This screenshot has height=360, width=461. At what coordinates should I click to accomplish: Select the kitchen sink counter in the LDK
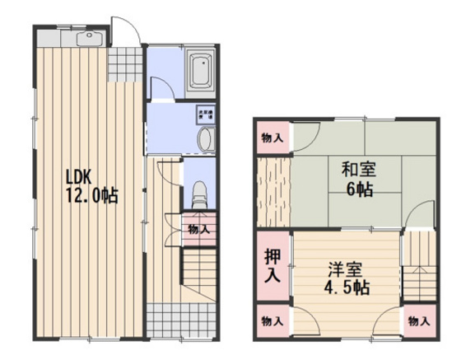71,40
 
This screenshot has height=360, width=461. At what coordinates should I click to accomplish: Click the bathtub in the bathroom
199,71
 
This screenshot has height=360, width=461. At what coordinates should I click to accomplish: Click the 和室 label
359,171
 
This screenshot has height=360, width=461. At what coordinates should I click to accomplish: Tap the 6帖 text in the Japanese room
359,190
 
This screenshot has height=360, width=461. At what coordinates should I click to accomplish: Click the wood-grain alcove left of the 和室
272,191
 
